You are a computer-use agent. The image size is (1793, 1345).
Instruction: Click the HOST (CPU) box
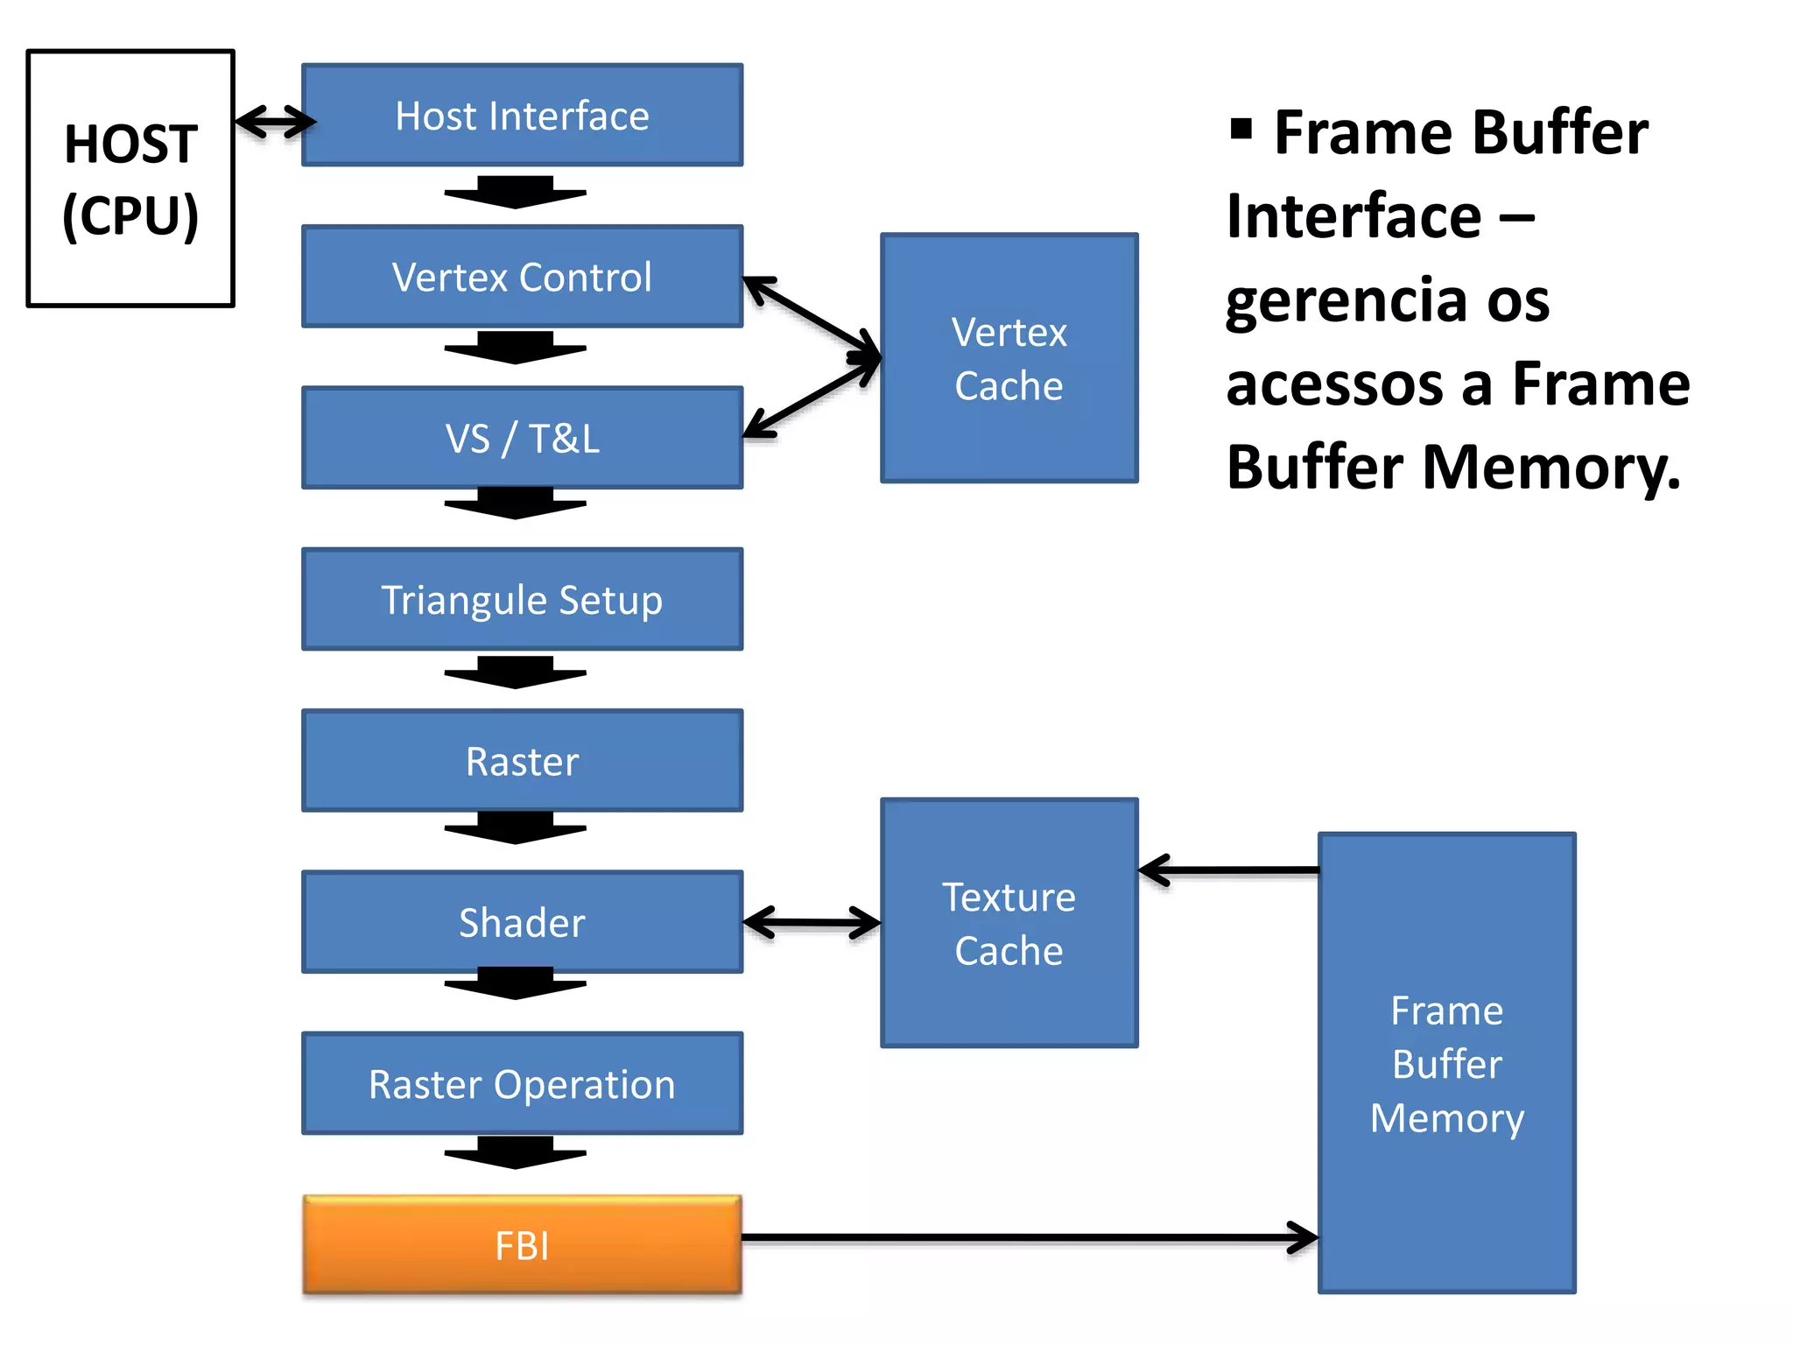point(130,179)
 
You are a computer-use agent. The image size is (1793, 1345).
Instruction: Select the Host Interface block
point(522,116)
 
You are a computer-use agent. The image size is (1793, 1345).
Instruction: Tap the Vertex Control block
point(522,277)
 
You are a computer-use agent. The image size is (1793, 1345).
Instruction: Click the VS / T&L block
point(522,438)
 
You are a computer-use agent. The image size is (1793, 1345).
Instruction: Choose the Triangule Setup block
point(522,600)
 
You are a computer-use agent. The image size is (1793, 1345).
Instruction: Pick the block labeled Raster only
point(522,761)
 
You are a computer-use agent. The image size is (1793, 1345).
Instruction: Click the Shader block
point(522,922)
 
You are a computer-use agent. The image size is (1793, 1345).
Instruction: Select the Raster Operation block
point(522,1084)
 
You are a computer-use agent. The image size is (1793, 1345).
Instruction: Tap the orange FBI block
point(522,1244)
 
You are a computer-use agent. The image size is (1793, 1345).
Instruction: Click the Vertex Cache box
point(1009,358)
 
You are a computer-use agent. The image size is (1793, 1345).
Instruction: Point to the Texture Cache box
point(1009,923)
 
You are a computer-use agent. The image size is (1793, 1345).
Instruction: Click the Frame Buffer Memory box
point(1446,1063)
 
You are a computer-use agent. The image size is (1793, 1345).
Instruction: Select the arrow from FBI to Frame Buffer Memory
point(1024,1237)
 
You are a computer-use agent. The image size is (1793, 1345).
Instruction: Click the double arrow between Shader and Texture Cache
point(811,922)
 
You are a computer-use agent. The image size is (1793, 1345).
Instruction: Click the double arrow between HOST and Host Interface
point(274,122)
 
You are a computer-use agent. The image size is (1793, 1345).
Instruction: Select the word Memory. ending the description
point(1550,467)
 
